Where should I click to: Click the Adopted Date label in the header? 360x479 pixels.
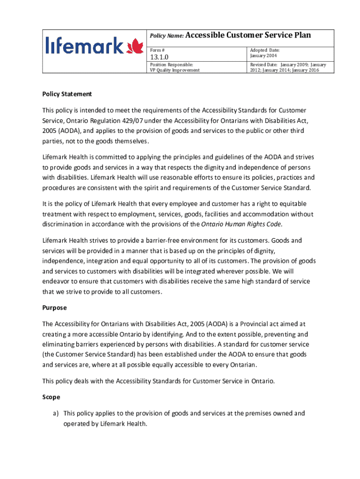click(265, 50)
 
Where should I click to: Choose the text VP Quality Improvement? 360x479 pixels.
click(174, 70)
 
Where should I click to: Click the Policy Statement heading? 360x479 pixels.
click(67, 94)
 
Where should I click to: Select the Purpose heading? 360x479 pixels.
click(55, 308)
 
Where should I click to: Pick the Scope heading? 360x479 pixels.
click(51, 397)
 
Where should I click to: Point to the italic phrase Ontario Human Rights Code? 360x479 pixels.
click(241, 224)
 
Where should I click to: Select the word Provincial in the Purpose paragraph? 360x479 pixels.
click(253, 324)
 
